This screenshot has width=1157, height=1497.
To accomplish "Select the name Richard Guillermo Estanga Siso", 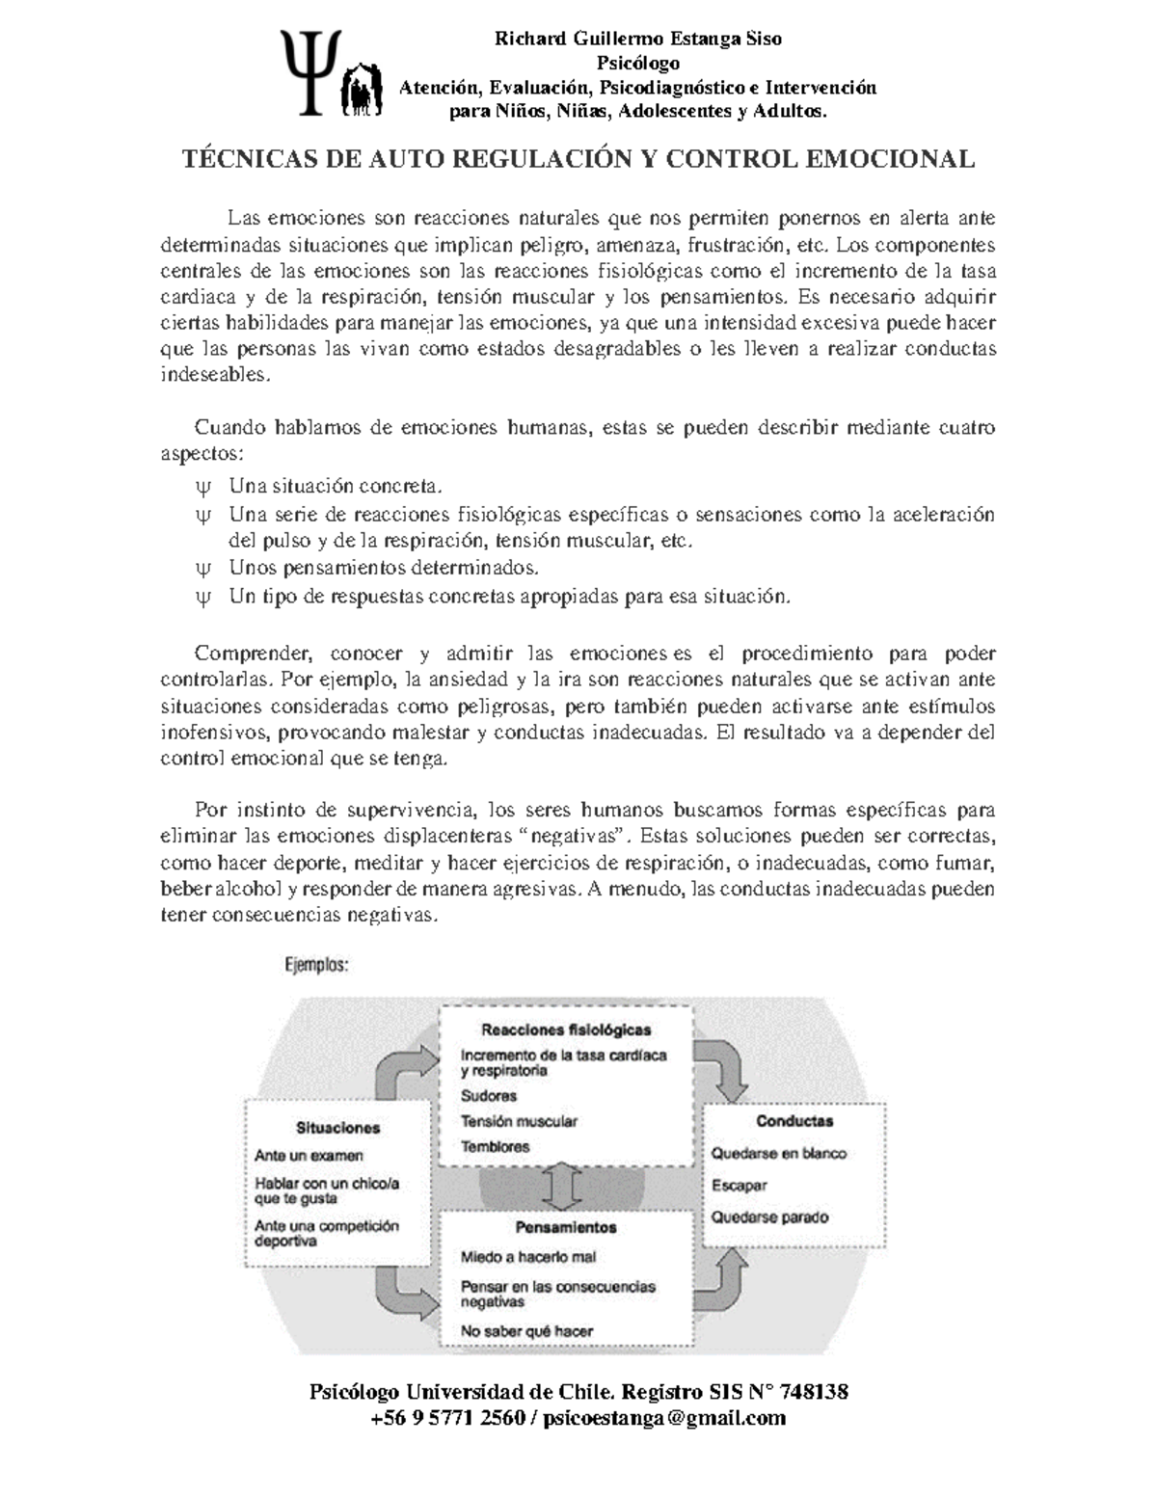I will pyautogui.click(x=637, y=39).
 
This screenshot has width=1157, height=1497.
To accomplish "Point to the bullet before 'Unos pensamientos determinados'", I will pyautogui.click(x=202, y=568).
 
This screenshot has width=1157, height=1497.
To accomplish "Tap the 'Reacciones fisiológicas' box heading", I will pyautogui.click(x=566, y=1029).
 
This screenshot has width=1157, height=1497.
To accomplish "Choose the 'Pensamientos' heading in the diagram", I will pyautogui.click(x=566, y=1228).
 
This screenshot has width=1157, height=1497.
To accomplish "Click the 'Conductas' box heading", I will pyautogui.click(x=794, y=1121).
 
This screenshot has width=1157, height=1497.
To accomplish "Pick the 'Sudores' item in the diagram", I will pyautogui.click(x=489, y=1096).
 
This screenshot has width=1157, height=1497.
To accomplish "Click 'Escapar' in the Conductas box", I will pyautogui.click(x=739, y=1186).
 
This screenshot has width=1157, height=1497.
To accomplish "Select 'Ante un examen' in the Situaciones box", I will pyautogui.click(x=309, y=1156).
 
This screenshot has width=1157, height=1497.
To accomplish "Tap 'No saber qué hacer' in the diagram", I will pyautogui.click(x=526, y=1331).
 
